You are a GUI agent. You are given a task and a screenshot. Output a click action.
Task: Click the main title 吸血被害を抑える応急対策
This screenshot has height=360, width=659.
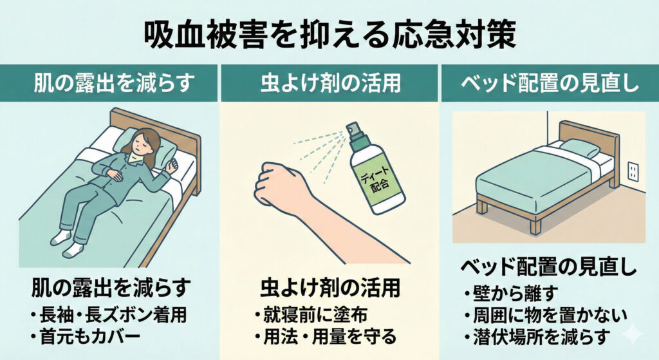pos(329,36)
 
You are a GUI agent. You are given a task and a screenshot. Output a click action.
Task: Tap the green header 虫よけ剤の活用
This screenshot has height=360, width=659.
pos(331,83)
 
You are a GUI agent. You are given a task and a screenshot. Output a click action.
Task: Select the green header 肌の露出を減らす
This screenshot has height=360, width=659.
pos(114,83)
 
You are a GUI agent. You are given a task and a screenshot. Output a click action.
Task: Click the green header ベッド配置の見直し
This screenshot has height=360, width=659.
pos(550,83)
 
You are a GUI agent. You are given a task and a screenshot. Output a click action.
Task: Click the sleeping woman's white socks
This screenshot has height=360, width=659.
pos(67,244)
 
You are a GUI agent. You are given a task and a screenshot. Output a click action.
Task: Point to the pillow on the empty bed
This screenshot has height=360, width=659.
pos(580,148)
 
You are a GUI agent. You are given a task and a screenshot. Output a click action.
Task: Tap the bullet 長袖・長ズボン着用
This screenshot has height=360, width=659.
pos(108,315)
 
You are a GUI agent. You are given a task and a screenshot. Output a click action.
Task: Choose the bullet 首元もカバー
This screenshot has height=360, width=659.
pos(85,337)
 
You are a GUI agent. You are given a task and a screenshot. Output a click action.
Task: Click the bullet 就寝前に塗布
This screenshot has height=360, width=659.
pos(311,314)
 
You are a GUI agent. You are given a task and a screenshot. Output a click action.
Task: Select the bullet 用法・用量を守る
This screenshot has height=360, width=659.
pos(325,336)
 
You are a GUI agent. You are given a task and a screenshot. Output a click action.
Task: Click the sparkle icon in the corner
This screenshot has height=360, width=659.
pos(633,334)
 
